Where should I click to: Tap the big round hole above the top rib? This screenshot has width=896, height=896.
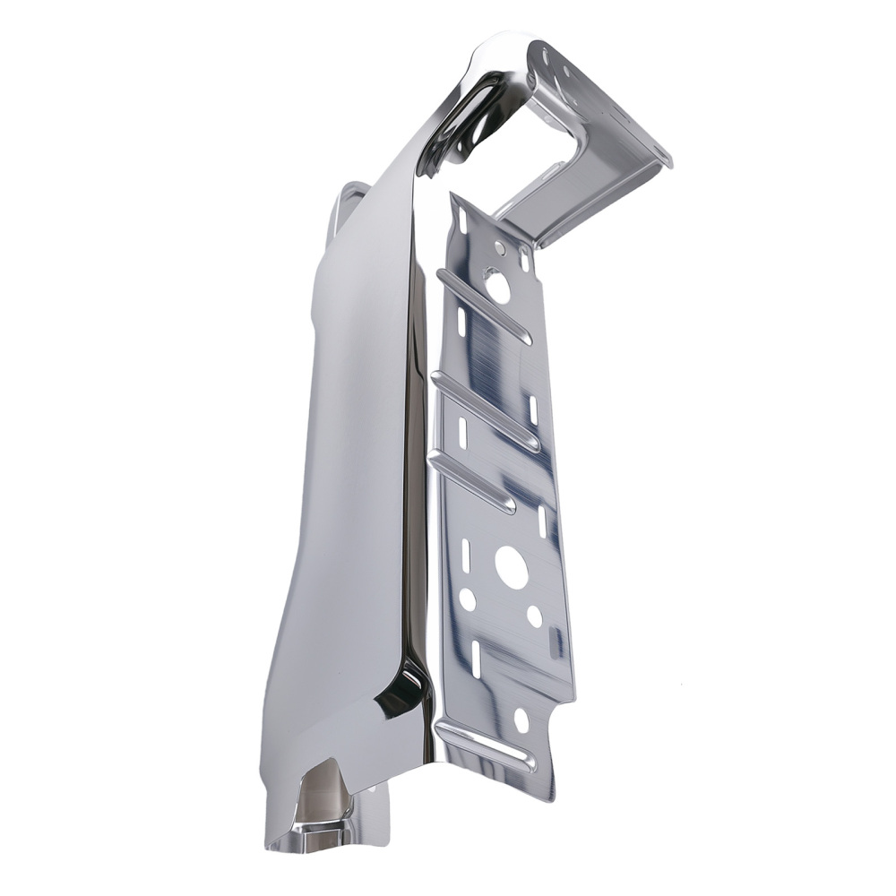(498, 288)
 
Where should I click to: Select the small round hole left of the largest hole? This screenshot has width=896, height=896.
(468, 599)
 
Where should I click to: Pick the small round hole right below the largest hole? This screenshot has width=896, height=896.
(534, 616)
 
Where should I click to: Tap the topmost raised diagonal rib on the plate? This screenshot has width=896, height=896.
(484, 304)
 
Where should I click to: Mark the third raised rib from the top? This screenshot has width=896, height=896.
(473, 483)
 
